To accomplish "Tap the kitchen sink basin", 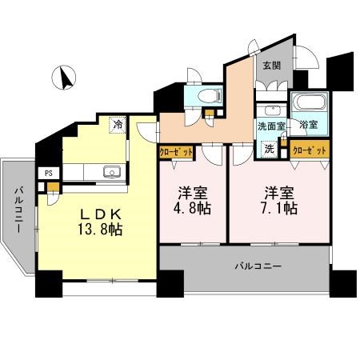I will (x=110, y=170).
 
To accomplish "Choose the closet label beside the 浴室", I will (x=309, y=150).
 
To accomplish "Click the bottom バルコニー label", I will (x=258, y=265).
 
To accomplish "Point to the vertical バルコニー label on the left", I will (x=16, y=210).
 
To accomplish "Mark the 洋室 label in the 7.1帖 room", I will (x=280, y=192).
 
